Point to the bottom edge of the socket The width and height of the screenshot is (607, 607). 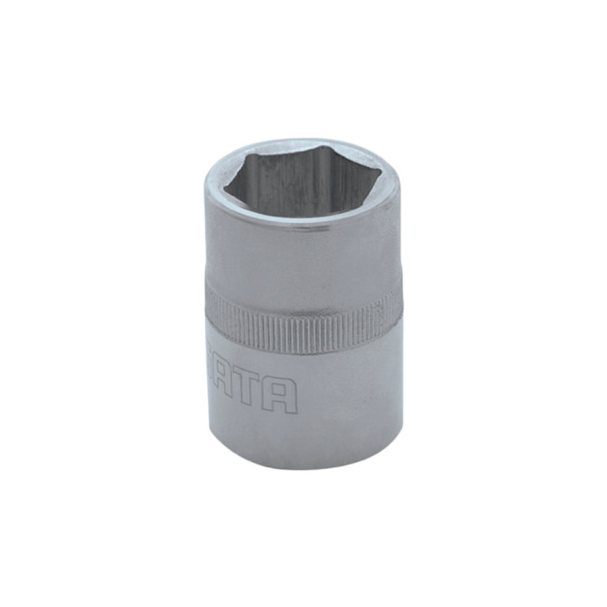tap(303, 467)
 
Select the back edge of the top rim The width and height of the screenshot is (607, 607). tap(303, 141)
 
